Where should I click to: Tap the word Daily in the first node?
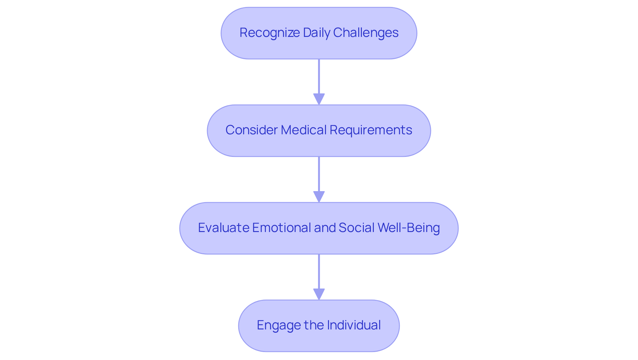(x=316, y=33)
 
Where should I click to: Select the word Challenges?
(x=366, y=33)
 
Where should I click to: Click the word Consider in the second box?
(x=251, y=130)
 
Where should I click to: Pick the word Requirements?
(x=371, y=130)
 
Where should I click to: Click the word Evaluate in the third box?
(x=223, y=228)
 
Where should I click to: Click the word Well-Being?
(x=409, y=228)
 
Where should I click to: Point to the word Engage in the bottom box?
(x=274, y=325)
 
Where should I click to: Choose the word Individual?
(x=354, y=325)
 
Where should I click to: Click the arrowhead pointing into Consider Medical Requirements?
(x=319, y=99)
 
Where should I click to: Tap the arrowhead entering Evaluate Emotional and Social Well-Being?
(x=319, y=196)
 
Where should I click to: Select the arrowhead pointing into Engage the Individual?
(x=319, y=294)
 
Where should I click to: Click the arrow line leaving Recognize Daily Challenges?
(x=319, y=76)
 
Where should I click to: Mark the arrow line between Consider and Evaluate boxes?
(x=319, y=174)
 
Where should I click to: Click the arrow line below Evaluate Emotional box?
(x=319, y=271)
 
